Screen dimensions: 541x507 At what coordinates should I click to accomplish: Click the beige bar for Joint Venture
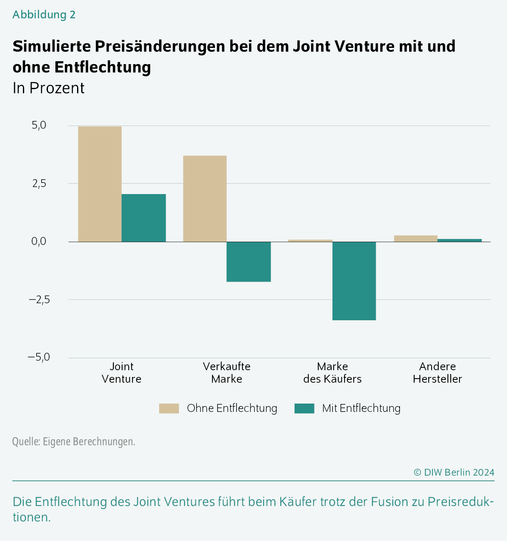pos(100,184)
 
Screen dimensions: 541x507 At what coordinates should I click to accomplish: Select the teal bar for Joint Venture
pos(144,218)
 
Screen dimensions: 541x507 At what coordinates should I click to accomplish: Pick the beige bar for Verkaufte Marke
pos(205,199)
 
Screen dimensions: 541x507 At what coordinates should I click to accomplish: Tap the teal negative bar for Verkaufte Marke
pos(249,262)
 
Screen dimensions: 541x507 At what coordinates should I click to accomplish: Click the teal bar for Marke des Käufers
pos(354,281)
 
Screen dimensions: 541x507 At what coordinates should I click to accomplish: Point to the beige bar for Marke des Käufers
pos(310,241)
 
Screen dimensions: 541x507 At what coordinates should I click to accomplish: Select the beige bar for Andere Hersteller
pos(416,239)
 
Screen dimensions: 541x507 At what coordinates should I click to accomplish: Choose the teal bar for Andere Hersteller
pos(460,240)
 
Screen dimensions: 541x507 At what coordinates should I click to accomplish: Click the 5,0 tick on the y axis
pos(39,125)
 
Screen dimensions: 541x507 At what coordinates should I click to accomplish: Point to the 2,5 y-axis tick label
pos(39,184)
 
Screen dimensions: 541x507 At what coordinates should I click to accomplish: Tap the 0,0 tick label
pos(39,242)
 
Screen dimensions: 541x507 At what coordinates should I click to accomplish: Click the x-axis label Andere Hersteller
pos(437,373)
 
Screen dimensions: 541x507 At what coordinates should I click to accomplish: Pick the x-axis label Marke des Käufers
pos(332,373)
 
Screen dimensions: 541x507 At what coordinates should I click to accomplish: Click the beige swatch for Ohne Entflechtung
pos(169,409)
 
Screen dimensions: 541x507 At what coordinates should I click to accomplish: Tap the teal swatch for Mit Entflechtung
pos(304,409)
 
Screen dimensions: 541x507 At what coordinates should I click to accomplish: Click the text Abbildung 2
pos(44,15)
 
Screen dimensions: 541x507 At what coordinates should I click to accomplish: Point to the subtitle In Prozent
pos(48,88)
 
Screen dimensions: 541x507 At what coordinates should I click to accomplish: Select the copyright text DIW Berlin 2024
pos(454,472)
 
